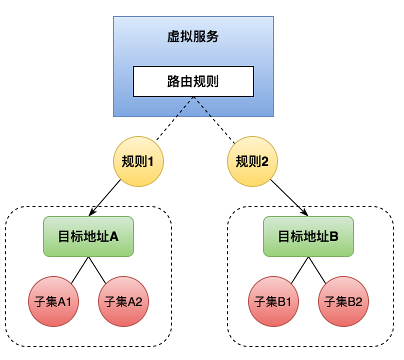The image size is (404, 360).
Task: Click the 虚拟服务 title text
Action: [193, 37]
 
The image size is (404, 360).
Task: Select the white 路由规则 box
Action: [193, 81]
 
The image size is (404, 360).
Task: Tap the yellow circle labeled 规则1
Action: [138, 161]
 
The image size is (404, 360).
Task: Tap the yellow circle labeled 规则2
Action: [252, 161]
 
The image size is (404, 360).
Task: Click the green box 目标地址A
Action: [88, 236]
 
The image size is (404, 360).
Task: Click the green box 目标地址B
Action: [308, 236]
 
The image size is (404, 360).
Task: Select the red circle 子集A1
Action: [53, 301]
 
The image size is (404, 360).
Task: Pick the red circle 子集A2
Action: [123, 301]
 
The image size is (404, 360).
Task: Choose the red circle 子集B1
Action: [273, 301]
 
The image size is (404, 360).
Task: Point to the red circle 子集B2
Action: [343, 301]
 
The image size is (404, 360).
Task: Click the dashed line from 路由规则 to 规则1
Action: [174, 119]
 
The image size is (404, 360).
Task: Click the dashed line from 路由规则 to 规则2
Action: [214, 119]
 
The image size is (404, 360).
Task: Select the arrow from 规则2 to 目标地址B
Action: [289, 197]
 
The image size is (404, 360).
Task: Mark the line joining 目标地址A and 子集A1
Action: [79, 270]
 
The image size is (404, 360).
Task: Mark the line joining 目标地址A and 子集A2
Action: [97, 270]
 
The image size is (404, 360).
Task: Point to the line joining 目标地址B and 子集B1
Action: [299, 270]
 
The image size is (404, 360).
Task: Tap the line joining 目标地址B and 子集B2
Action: [317, 270]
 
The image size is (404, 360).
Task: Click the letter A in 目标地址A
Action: [113, 236]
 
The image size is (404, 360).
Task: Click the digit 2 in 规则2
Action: [265, 161]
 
